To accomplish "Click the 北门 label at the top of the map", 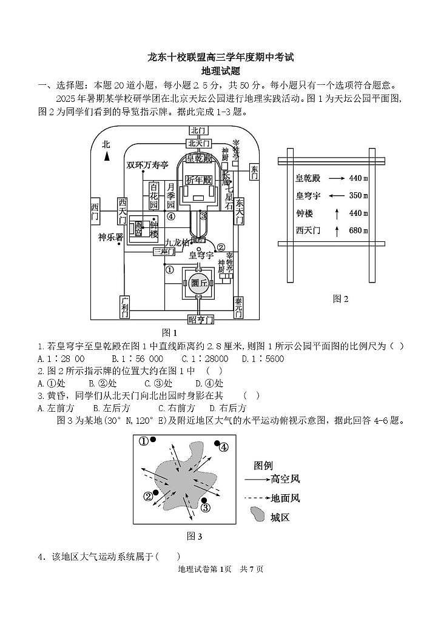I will (198, 131).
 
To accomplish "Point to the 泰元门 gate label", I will (238, 307).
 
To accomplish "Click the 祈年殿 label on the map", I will (198, 180).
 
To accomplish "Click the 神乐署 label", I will (110, 237).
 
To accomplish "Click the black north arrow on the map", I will (106, 156).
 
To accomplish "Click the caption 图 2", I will (341, 298).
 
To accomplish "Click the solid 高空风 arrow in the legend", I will (257, 479).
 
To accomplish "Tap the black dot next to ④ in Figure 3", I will (215, 444).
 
